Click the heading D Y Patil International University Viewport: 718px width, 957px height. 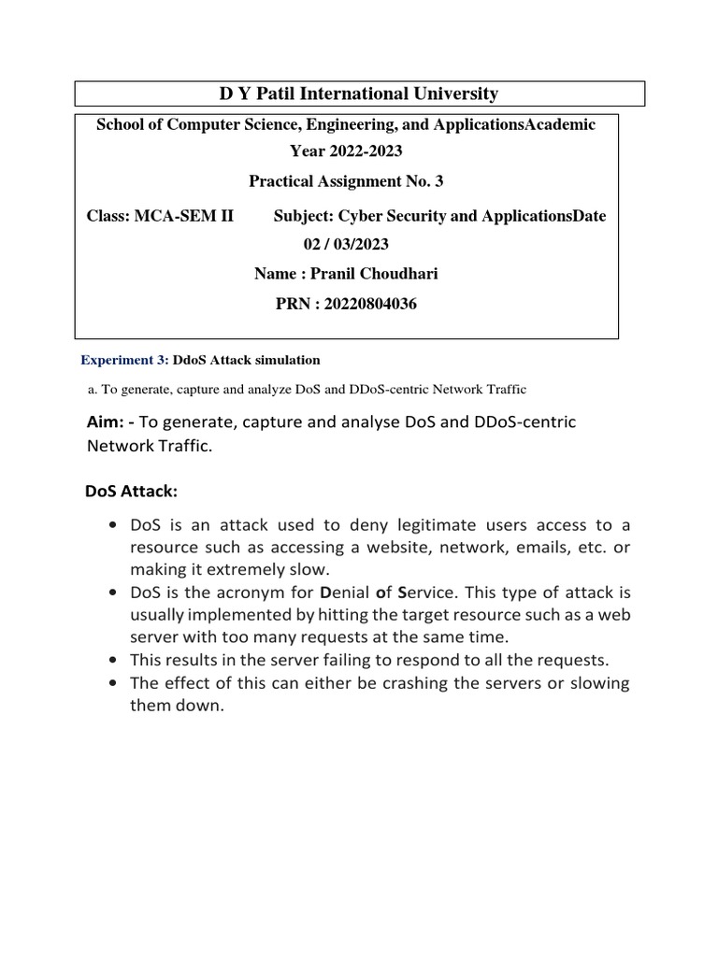359,93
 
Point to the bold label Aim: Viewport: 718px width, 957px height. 109,422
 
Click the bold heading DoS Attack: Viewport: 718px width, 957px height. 131,491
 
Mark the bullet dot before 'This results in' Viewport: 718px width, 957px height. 113,660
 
